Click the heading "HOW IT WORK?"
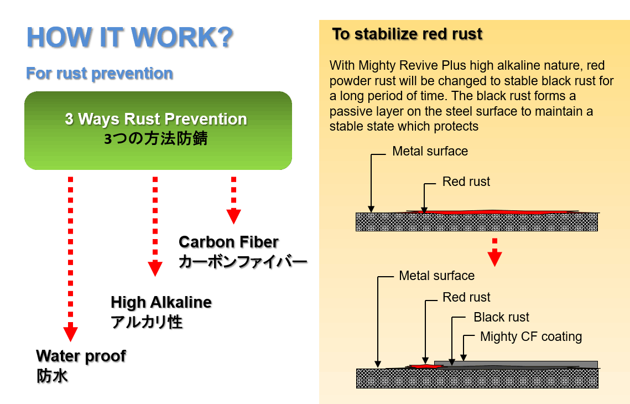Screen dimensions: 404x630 129,37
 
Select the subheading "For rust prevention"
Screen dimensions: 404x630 99,73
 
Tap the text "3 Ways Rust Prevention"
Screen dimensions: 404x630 156,119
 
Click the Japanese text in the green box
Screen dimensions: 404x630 156,138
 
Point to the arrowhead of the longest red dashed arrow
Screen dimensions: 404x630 70,334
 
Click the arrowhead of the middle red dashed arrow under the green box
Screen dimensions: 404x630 155,268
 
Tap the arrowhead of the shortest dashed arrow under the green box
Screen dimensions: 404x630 234,216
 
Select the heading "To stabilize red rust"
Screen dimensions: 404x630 407,34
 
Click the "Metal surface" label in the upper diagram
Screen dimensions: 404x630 430,151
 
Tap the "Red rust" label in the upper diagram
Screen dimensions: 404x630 466,182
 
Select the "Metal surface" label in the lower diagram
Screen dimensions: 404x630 436,276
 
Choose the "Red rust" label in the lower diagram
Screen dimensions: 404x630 466,297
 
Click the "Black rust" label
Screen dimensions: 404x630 501,317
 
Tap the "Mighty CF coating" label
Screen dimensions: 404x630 531,336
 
